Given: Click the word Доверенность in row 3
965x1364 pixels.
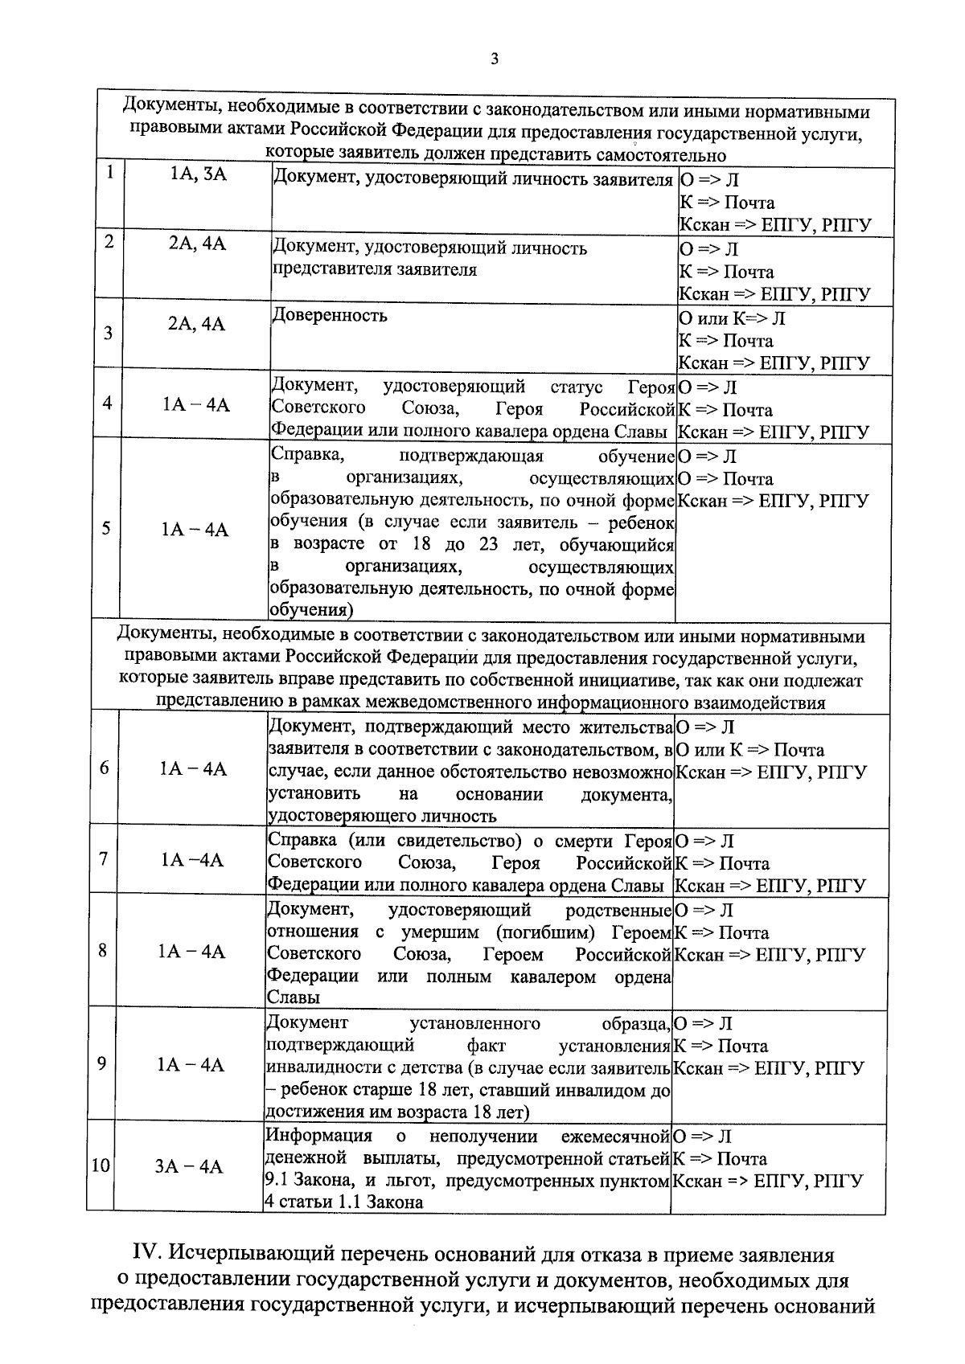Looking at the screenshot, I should [329, 315].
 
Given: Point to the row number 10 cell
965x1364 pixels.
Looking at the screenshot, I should [100, 1165].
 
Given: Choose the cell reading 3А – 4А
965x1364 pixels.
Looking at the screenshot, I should [189, 1166].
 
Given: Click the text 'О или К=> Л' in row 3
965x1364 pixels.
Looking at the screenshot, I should [732, 318].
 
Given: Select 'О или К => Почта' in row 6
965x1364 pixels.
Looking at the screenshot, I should [749, 750].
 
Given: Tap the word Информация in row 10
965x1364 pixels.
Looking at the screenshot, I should [318, 1136].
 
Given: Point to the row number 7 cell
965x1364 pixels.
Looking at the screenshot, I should [104, 858].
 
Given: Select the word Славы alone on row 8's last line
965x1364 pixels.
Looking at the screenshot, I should [294, 997].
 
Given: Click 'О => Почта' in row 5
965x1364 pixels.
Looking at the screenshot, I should [725, 479].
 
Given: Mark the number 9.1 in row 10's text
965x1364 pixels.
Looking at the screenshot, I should [278, 1181].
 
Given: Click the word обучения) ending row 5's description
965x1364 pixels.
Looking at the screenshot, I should [310, 610].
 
